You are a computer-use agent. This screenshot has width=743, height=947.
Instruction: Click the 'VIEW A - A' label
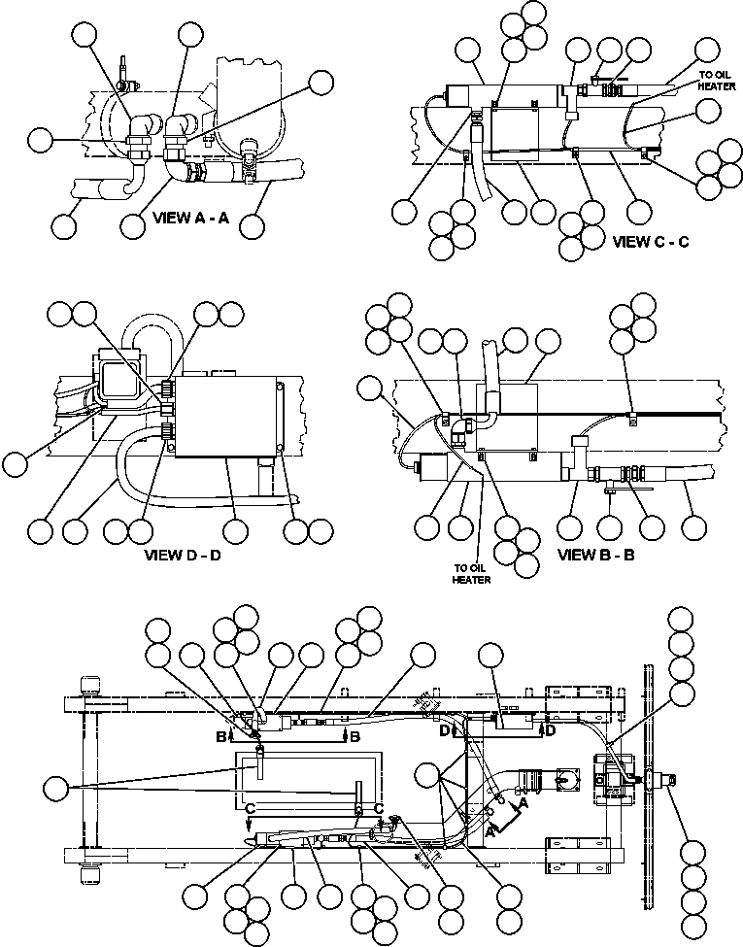point(190,219)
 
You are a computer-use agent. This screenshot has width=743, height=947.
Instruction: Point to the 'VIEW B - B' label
point(597,556)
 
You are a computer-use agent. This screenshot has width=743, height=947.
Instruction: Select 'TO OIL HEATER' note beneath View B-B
point(471,574)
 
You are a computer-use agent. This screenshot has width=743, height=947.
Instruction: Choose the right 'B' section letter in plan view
point(355,737)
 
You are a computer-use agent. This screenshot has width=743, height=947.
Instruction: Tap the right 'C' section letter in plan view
point(379,810)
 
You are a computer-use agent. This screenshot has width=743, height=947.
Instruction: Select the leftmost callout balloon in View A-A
point(40,140)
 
